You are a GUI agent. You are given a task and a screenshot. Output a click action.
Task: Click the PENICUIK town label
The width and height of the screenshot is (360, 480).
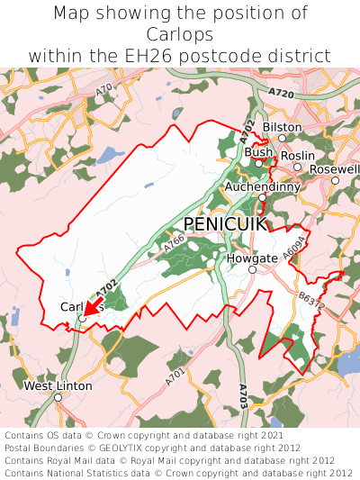(x=225, y=222)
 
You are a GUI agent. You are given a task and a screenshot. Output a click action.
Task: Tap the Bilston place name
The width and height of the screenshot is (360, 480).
(x=283, y=127)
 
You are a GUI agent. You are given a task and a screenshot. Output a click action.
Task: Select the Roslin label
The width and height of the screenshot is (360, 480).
(x=297, y=155)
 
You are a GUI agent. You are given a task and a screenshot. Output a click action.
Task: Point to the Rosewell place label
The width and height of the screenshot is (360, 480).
(x=334, y=168)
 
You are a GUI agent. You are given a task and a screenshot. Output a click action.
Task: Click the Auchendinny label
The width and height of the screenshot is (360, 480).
(x=262, y=186)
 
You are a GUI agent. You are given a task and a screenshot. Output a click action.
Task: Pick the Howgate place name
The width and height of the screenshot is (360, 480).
(x=252, y=258)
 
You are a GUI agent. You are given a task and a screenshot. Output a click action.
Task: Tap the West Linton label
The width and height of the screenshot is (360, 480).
(x=58, y=385)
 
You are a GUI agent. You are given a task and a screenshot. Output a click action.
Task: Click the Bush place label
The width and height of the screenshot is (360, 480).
(x=258, y=152)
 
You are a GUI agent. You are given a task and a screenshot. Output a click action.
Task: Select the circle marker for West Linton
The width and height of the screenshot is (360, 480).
(x=58, y=396)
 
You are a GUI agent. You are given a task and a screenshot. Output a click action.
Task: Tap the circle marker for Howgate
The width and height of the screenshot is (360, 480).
(x=252, y=269)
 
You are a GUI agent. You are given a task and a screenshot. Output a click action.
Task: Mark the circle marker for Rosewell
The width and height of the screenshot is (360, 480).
(x=335, y=180)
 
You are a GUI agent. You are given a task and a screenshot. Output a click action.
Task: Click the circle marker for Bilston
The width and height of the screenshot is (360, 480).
(x=282, y=138)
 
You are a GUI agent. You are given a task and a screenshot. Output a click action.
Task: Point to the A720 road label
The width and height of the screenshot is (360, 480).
(x=281, y=94)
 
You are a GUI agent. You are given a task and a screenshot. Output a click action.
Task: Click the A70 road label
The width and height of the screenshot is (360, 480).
(x=104, y=89)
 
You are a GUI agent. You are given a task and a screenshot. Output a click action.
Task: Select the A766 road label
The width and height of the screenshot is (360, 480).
(x=174, y=240)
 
